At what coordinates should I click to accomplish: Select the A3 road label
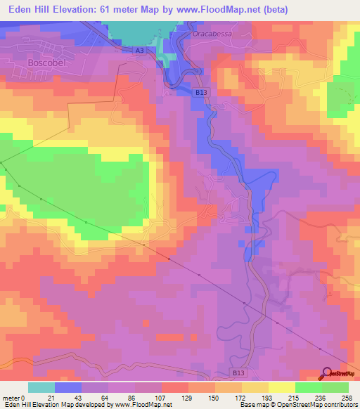[140, 51]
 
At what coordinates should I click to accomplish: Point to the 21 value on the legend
[55, 398]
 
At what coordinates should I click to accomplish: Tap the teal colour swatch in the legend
[41, 387]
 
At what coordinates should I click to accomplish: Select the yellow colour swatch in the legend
[282, 387]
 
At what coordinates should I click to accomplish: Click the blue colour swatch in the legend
[68, 387]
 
